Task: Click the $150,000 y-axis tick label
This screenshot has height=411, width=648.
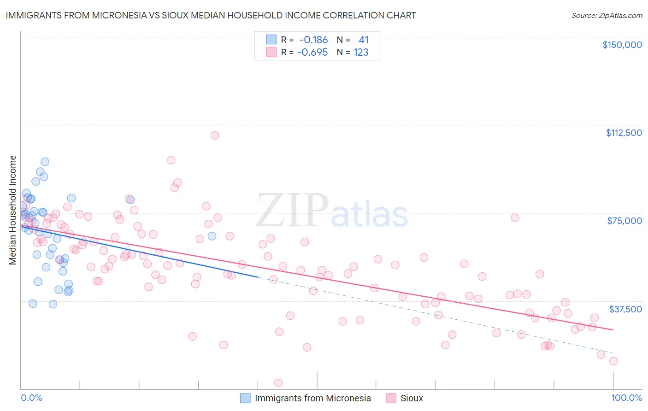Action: click(x=622, y=45)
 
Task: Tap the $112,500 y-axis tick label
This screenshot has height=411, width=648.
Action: click(x=624, y=133)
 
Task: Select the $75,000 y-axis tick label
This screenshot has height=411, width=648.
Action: click(x=624, y=221)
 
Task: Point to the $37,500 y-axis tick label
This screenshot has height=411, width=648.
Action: click(x=625, y=309)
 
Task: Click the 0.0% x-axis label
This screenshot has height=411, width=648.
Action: click(x=31, y=398)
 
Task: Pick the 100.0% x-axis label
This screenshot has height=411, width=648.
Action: click(x=626, y=398)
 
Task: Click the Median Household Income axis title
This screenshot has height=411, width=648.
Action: click(x=12, y=210)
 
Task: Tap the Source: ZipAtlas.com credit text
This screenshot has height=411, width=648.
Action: click(x=607, y=15)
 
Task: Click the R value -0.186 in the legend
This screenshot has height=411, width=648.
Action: click(x=313, y=40)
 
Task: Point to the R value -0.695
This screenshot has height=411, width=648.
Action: click(x=312, y=53)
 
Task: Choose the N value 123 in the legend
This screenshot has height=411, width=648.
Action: click(x=361, y=53)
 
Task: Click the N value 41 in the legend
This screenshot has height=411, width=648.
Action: click(x=364, y=40)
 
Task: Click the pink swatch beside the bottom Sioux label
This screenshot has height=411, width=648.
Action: click(x=391, y=398)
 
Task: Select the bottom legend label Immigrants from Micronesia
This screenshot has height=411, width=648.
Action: click(x=312, y=398)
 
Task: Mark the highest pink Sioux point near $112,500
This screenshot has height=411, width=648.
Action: click(x=215, y=135)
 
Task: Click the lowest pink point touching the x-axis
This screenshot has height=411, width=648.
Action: click(x=278, y=383)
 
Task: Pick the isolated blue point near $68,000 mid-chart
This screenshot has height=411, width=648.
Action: click(x=212, y=236)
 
